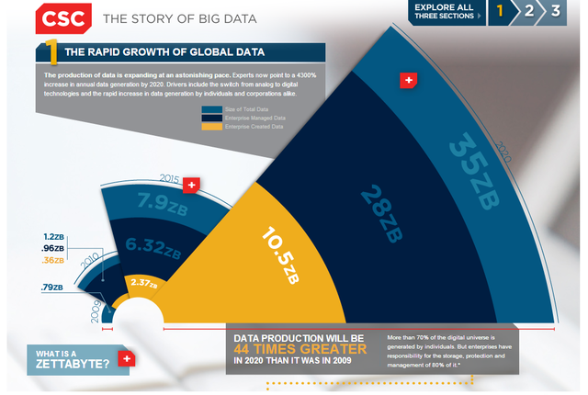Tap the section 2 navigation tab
[530, 11]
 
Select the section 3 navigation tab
[557, 11]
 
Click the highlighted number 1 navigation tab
[501, 11]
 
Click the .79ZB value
[51, 288]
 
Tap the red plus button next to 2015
[191, 185]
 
